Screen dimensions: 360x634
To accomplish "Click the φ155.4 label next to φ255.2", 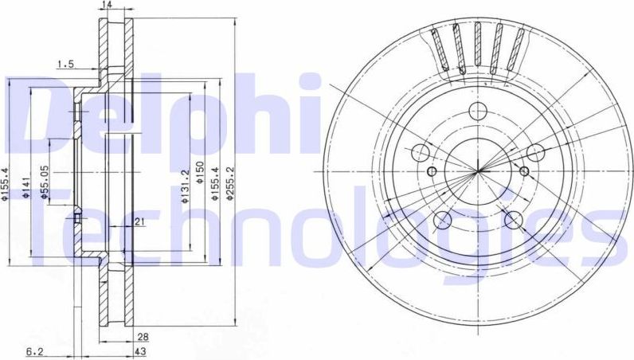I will (216, 189).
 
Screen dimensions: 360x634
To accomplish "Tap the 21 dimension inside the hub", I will (139, 222).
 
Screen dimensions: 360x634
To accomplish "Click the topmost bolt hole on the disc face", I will (478, 112).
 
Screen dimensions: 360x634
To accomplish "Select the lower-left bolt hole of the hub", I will (443, 219).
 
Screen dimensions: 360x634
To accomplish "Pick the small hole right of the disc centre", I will (523, 171).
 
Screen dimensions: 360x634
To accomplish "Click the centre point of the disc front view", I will (478, 170).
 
